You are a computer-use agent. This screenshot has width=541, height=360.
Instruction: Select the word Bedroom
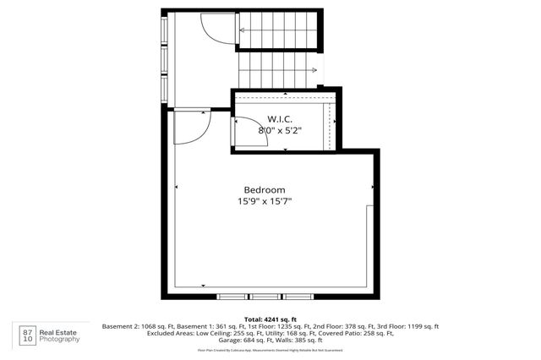point(264,189)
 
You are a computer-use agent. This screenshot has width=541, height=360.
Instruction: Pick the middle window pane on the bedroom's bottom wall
point(265,297)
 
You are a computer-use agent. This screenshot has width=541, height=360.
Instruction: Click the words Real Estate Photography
point(61,335)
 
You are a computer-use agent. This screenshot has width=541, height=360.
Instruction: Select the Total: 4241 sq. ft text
point(270,318)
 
